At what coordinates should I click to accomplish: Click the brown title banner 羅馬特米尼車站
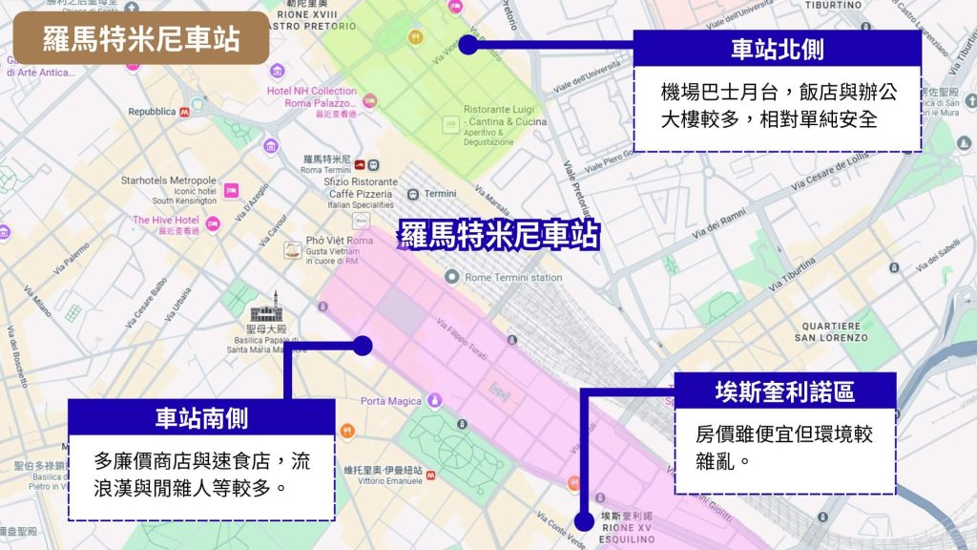pos(141,38)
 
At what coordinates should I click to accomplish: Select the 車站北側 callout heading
pos(777,48)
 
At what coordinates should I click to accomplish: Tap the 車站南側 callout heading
pos(201,417)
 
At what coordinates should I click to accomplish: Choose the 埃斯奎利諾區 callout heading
pos(784,390)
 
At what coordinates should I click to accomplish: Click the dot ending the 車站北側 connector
pos(467,43)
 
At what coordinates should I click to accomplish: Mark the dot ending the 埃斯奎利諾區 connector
pos(583,520)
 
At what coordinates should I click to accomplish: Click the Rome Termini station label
pos(513,277)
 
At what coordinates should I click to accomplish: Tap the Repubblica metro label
pos(153,112)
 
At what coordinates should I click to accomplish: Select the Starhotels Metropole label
pos(169,180)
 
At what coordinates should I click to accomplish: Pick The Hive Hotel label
pos(166,221)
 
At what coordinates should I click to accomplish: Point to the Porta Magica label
pos(392,400)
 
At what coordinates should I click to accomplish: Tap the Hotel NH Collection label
pos(312,91)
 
